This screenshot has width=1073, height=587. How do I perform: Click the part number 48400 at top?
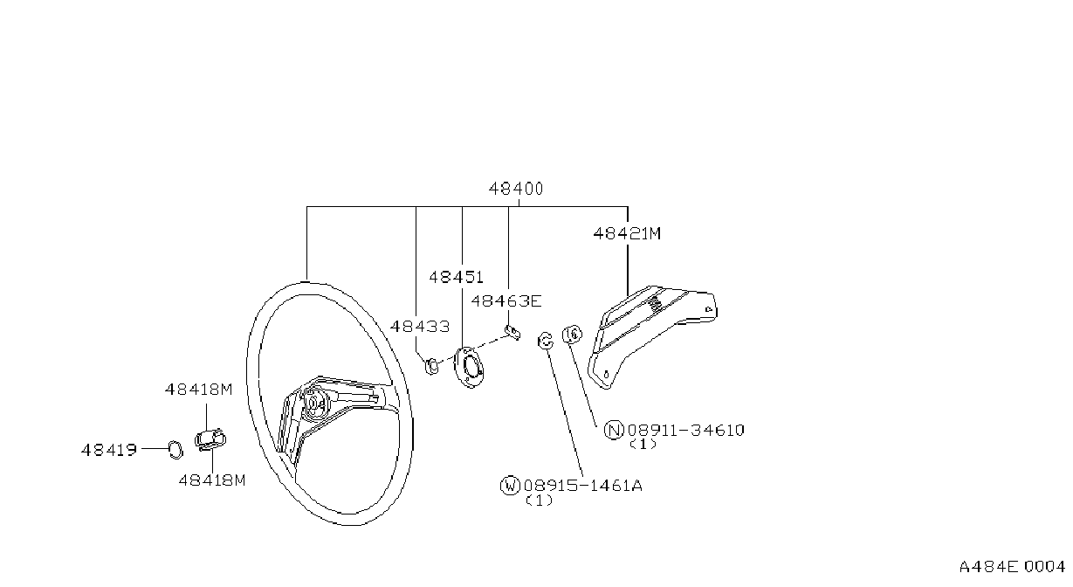(x=516, y=189)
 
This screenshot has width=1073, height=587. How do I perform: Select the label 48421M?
(x=627, y=233)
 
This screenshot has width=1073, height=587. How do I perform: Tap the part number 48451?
(x=456, y=277)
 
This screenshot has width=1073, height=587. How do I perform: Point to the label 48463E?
(x=506, y=301)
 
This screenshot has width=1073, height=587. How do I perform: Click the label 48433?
(x=420, y=327)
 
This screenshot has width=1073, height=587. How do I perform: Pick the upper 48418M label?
(x=199, y=389)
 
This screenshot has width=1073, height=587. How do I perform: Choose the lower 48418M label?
(x=212, y=480)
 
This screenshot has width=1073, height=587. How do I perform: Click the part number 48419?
(x=109, y=450)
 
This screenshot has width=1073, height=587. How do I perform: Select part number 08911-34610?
(x=686, y=430)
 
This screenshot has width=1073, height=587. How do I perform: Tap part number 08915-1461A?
(x=583, y=486)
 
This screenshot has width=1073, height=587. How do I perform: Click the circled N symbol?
(x=614, y=430)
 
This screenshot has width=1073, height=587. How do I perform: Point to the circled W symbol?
(x=510, y=486)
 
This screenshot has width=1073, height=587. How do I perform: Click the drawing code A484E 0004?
(x=1012, y=567)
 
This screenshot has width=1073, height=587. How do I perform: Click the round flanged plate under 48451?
(x=469, y=367)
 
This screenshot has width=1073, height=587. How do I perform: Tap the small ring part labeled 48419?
(x=175, y=449)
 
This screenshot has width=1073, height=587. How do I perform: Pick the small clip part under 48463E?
(x=513, y=332)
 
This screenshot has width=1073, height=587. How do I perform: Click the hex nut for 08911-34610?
(x=572, y=334)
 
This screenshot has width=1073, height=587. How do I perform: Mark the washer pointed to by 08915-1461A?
(x=545, y=340)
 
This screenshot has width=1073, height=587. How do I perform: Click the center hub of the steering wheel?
(x=313, y=403)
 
